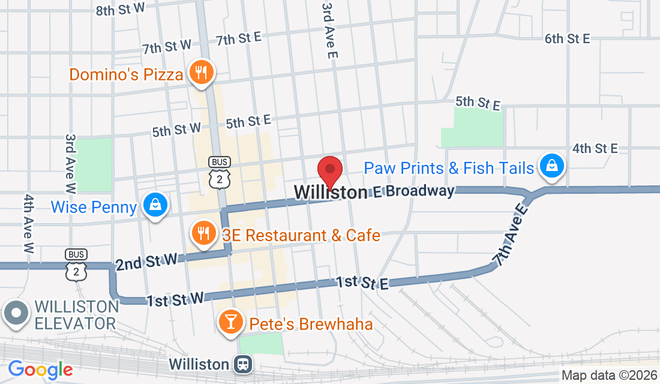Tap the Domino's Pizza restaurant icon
tap(199, 73)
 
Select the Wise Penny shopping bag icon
tap(156, 205)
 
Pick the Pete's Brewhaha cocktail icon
tap(229, 322)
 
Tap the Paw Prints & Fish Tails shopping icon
tap(550, 166)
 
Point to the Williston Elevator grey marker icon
tap(16, 314)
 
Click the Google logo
tap(40, 368)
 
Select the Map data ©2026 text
tap(608, 376)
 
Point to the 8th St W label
tap(121, 8)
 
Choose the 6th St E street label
tap(567, 38)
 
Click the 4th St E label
tap(595, 148)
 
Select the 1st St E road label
tap(362, 283)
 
